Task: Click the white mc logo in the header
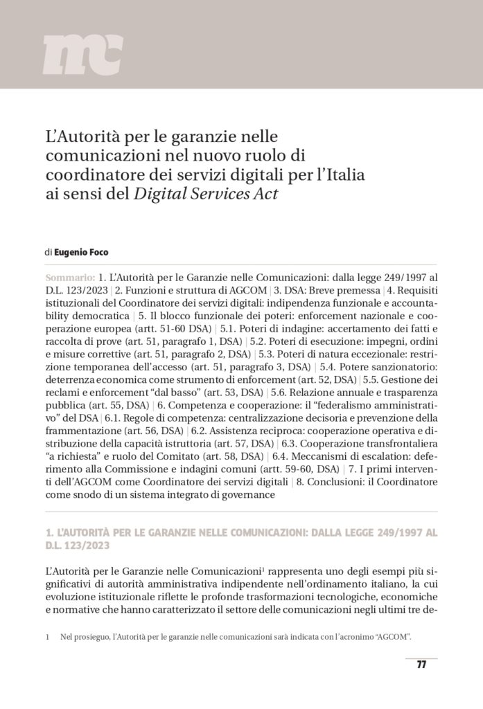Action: pyautogui.click(x=82, y=55)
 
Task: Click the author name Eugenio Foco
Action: pyautogui.click(x=82, y=253)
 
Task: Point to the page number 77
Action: pyautogui.click(x=421, y=665)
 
